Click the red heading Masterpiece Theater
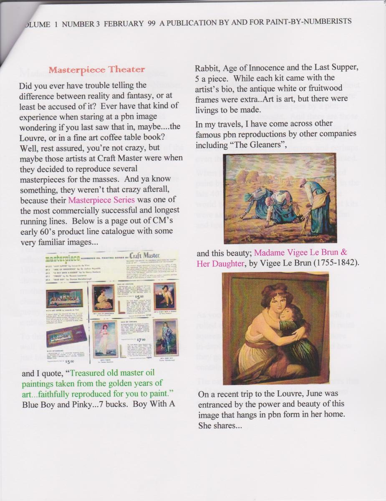coord(97,70)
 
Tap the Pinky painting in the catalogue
coord(103,338)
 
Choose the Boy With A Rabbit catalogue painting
coord(165,296)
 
